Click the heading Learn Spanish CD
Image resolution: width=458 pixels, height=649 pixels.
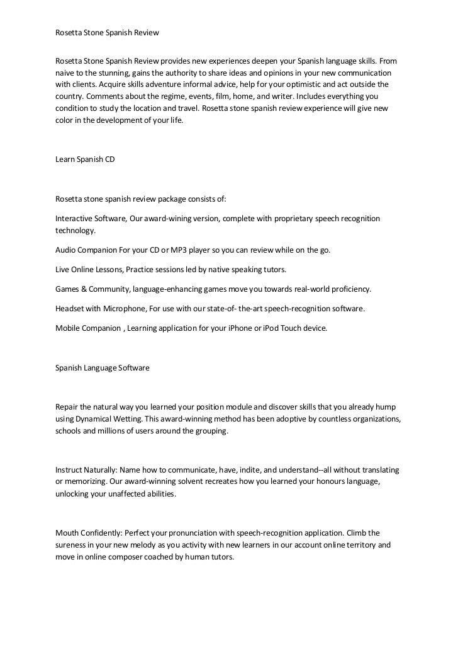(x=85, y=160)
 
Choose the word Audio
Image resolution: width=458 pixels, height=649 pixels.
(x=65, y=250)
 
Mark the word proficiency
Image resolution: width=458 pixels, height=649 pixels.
(x=348, y=289)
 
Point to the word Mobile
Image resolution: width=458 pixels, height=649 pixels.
(x=68, y=328)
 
